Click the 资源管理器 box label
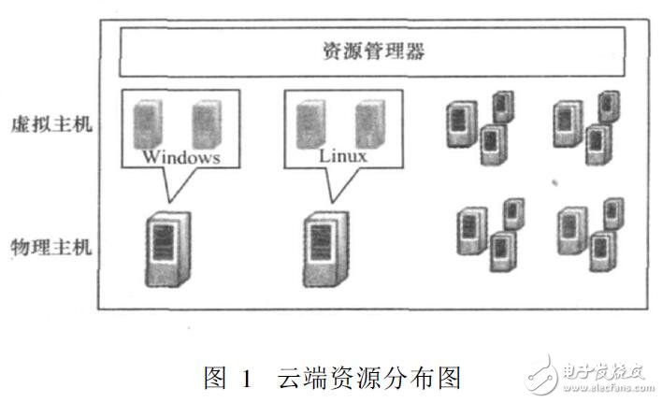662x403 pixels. [x=371, y=51]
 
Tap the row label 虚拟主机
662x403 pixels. [x=51, y=124]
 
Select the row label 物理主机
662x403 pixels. [x=51, y=249]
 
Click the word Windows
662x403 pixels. [x=180, y=157]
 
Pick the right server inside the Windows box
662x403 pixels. [x=206, y=123]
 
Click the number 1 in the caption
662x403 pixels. [x=246, y=378]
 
